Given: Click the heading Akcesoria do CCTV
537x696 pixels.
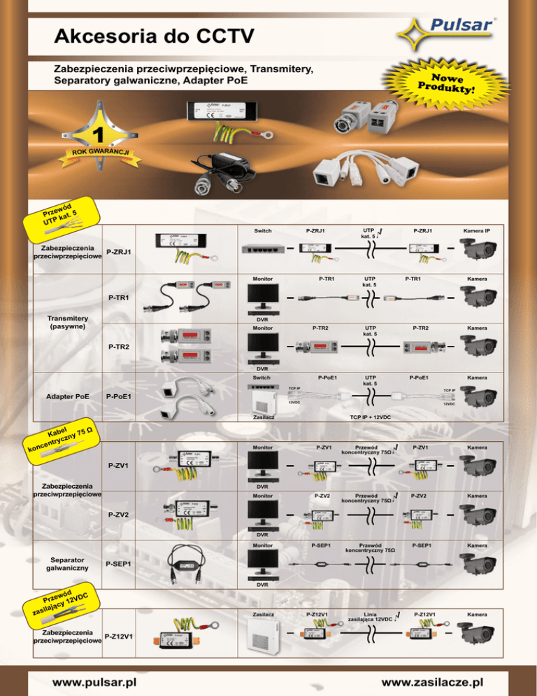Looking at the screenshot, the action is click(153, 35).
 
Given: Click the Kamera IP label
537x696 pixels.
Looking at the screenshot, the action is click(479, 230).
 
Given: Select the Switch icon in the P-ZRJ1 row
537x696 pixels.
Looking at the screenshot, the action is click(264, 249).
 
